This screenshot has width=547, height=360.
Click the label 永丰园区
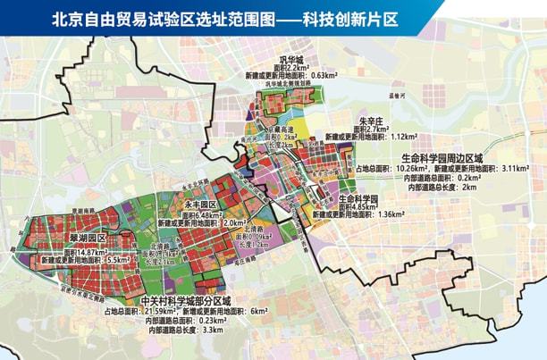point(198,205)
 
